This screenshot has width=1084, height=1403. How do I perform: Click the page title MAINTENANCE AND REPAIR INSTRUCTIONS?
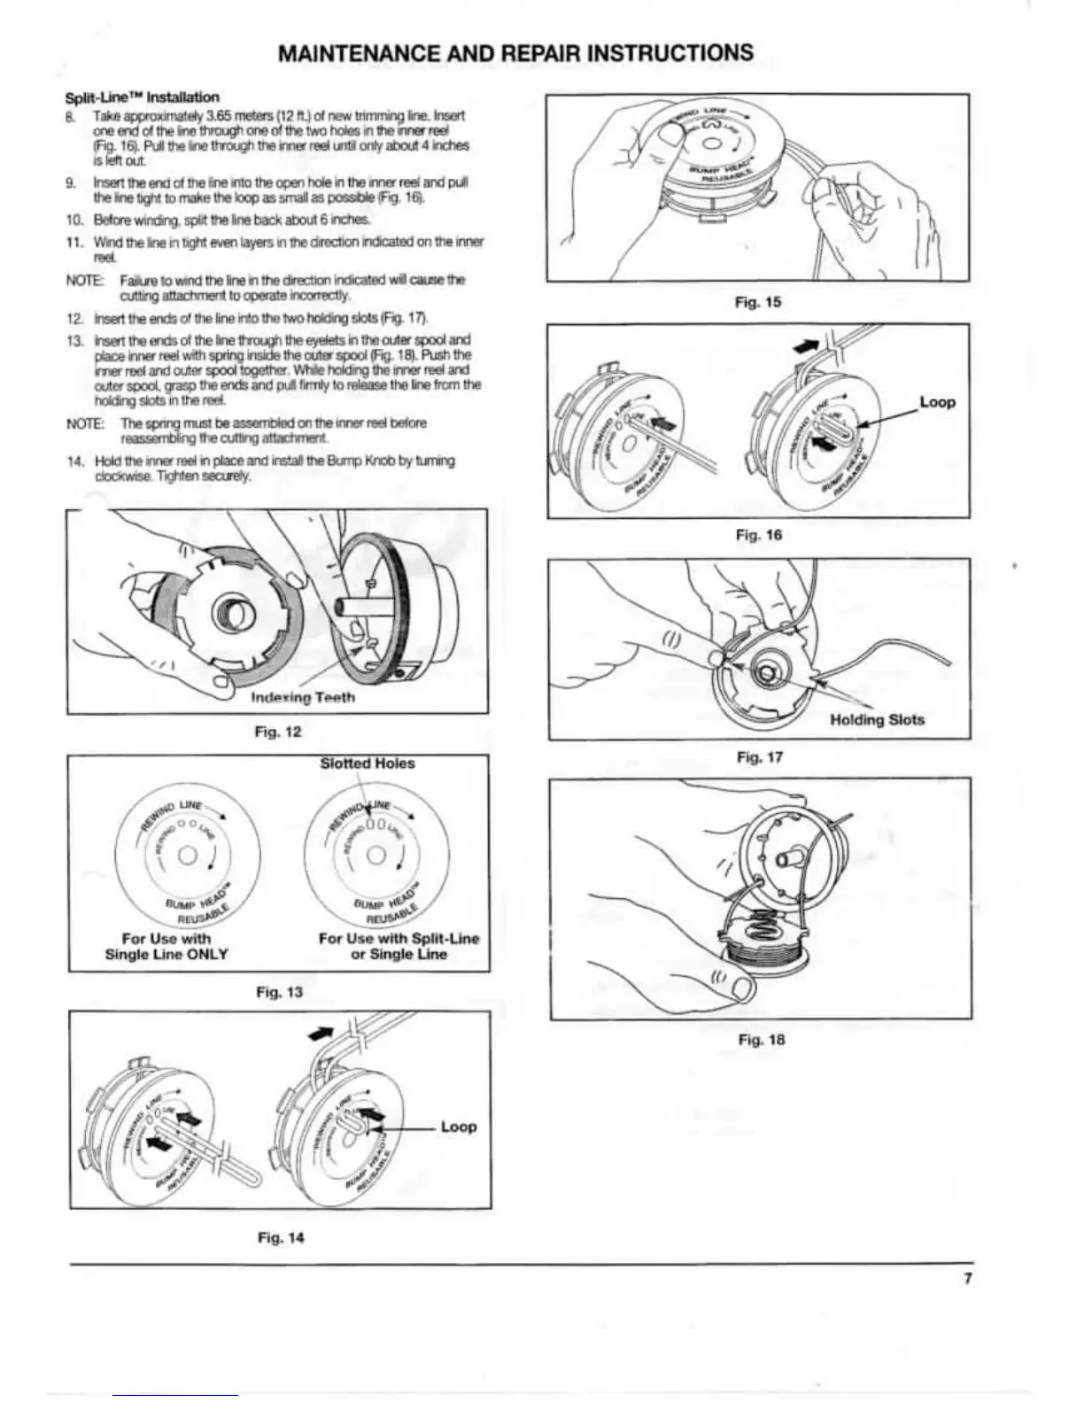point(515,53)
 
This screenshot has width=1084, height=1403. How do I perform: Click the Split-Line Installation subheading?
point(143,97)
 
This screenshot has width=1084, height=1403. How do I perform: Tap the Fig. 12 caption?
point(279,732)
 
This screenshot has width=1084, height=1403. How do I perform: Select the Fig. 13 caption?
point(279,992)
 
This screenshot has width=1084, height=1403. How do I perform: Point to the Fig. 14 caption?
point(280,1237)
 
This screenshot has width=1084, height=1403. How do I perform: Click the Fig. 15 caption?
point(758,302)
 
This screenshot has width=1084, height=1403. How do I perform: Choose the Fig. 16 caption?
point(758,535)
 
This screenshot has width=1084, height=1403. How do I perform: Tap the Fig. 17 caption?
point(758,757)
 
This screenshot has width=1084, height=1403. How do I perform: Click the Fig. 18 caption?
point(761,1040)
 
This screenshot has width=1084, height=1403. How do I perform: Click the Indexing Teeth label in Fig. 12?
point(303,698)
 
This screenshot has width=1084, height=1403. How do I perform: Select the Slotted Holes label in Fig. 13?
point(367,764)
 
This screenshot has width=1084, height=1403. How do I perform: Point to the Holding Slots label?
point(877,720)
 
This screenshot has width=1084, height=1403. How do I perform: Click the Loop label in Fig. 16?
point(937,402)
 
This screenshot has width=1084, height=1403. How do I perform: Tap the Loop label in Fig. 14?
point(458,1127)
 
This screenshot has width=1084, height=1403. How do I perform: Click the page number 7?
point(968,1278)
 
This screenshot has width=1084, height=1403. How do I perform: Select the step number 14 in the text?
point(74,461)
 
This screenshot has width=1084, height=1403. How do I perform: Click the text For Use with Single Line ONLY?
point(166,946)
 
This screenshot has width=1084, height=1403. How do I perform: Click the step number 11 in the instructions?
point(74,242)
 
